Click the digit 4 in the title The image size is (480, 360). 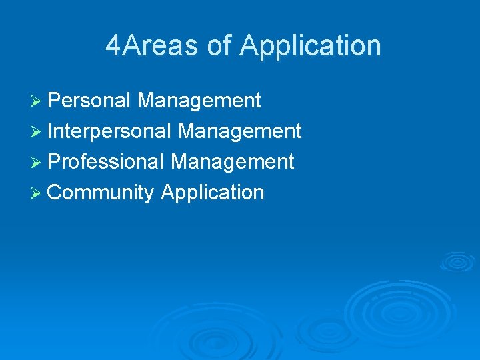(114, 46)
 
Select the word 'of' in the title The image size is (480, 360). (219, 46)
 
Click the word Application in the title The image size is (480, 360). (310, 46)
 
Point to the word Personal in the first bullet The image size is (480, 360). (89, 101)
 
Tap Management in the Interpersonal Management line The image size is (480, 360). (240, 131)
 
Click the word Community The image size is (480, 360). (101, 193)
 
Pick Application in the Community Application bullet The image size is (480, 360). (213, 193)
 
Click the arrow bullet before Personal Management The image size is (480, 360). (37, 101)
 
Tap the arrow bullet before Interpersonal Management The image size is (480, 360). (37, 132)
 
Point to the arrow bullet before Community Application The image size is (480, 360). (37, 193)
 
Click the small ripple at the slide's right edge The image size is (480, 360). (458, 261)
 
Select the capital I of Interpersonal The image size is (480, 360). (51, 131)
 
